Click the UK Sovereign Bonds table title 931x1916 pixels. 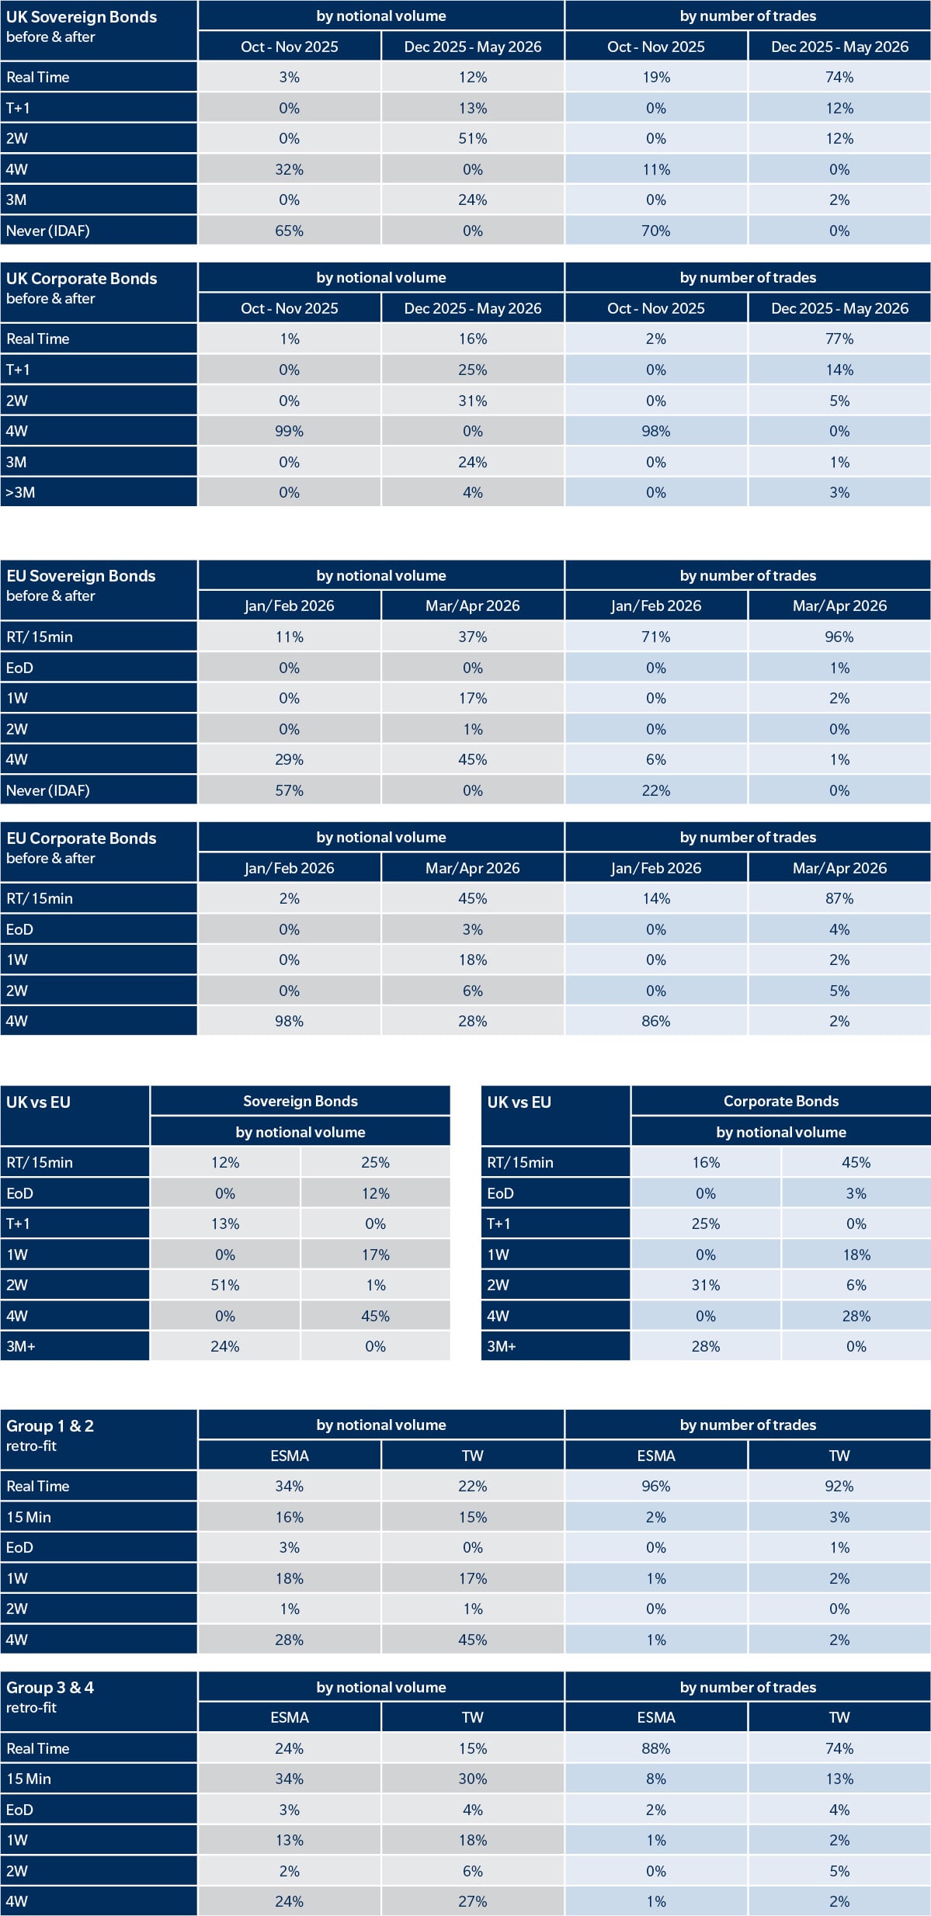(82, 17)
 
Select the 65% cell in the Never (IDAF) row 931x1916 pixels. (290, 231)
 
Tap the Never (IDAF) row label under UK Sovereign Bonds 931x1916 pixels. (48, 231)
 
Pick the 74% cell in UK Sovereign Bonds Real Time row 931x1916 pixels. (839, 78)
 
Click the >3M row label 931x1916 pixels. (20, 492)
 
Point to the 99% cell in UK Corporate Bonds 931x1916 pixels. (290, 431)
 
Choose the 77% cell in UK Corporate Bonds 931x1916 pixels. (839, 339)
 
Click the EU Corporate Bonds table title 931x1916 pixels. (82, 838)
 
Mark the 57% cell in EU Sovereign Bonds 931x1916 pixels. (290, 790)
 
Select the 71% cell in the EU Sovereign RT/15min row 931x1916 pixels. (656, 637)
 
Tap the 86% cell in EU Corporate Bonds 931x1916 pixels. (656, 1021)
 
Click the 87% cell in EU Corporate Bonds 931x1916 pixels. (839, 898)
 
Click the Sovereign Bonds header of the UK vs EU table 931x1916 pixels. (300, 1101)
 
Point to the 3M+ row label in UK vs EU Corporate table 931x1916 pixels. (502, 1346)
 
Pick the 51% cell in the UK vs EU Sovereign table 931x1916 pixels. (225, 1285)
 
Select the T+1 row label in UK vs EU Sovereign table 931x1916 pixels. (18, 1224)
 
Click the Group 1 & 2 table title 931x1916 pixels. (50, 1426)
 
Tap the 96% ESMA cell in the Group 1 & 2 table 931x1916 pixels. (656, 1486)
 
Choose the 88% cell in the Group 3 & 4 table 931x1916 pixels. (656, 1748)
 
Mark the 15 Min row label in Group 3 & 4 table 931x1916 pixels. (29, 1779)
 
